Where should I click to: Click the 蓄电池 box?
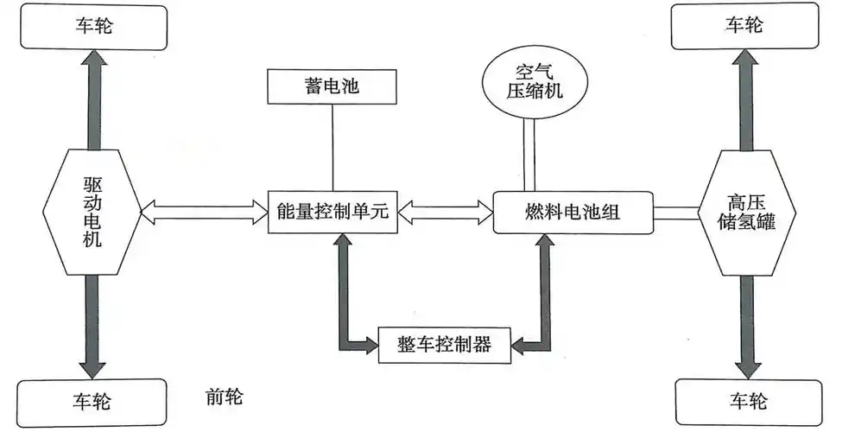point(331,88)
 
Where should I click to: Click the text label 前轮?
point(224,397)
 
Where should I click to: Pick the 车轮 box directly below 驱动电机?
point(91,401)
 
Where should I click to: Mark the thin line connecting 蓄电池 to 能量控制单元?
point(332,147)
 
